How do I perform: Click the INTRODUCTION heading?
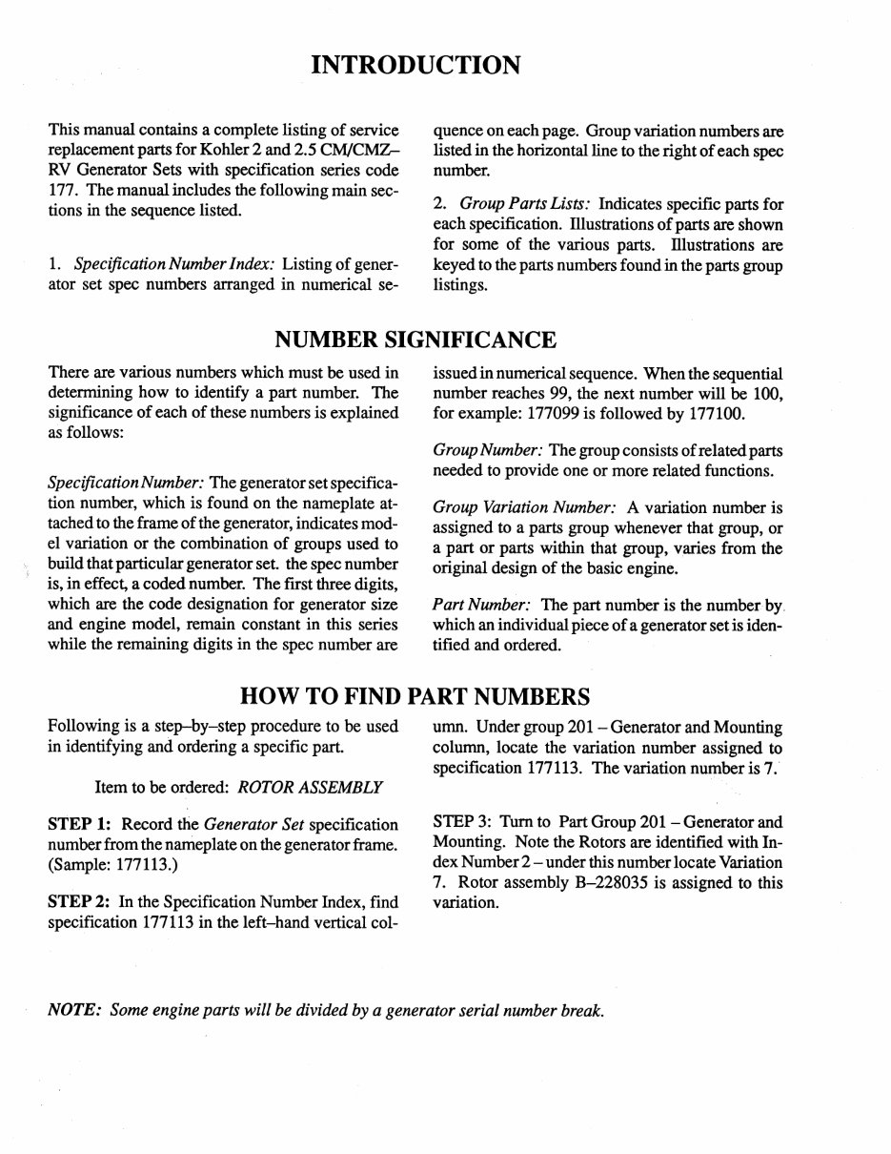(x=415, y=65)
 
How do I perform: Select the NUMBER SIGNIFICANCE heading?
(x=415, y=340)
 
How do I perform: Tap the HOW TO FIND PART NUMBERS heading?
(x=415, y=694)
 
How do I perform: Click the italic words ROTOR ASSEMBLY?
(x=310, y=787)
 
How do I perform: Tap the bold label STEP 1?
(x=81, y=824)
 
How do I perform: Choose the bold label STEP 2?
(x=81, y=901)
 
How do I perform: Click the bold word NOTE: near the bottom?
(x=75, y=1011)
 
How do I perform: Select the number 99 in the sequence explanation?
(x=578, y=393)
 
